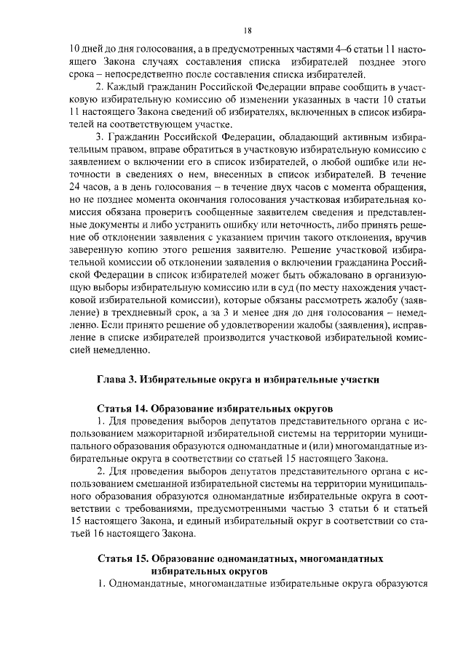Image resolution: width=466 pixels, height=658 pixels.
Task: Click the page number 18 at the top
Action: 248,31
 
